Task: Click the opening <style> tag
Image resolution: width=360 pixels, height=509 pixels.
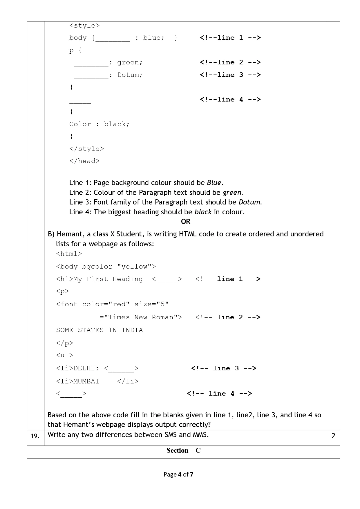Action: [x=84, y=26]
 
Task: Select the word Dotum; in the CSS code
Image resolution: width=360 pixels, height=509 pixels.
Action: [x=130, y=75]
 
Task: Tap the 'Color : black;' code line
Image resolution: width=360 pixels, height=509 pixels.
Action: [x=99, y=124]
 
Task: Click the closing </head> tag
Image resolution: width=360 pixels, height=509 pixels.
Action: [x=84, y=161]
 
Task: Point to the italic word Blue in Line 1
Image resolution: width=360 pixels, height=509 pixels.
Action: [x=214, y=183]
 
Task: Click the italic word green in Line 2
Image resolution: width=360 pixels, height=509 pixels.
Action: [x=232, y=193]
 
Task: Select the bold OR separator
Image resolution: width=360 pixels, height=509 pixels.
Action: [x=186, y=222]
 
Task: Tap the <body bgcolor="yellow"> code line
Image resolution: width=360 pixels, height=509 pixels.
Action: [x=106, y=267]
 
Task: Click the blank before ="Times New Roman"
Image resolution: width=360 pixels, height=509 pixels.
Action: [x=86, y=318]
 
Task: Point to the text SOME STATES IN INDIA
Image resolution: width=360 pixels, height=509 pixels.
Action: [x=100, y=330]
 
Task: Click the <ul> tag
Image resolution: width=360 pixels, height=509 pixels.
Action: [x=65, y=355]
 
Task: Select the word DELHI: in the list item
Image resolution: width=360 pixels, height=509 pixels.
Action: [x=86, y=368]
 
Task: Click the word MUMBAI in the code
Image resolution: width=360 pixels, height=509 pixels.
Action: [x=86, y=381]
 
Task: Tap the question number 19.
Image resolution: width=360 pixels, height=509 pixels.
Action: [x=35, y=436]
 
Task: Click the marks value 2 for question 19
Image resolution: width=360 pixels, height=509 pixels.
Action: [x=333, y=436]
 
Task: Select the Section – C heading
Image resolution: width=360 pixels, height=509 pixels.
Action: [x=183, y=450]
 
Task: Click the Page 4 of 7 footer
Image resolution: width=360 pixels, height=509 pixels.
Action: [x=178, y=474]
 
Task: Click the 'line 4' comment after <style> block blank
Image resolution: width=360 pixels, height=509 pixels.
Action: [x=230, y=99]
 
